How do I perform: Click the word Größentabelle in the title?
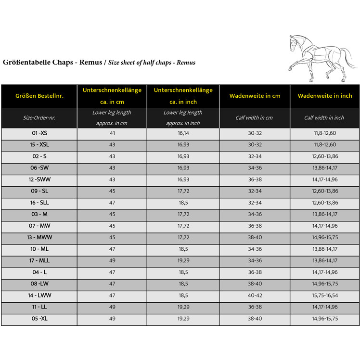tap(28, 63)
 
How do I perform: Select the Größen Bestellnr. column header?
tap(39, 96)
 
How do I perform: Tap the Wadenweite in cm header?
tap(255, 96)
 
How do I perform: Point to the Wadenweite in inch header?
tap(325, 96)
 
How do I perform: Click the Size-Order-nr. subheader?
tap(39, 117)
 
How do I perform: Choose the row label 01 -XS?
tap(39, 133)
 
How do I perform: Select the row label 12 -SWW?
tap(39, 180)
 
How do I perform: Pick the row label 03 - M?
tap(39, 214)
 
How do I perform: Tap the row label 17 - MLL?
tap(39, 261)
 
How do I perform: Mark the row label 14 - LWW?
tap(39, 296)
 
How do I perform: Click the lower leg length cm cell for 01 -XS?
tap(112, 133)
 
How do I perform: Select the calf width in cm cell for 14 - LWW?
tap(255, 296)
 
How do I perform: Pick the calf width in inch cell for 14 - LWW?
tap(325, 296)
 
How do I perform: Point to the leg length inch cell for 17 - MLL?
tap(183, 261)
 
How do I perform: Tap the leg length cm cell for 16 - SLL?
tap(112, 203)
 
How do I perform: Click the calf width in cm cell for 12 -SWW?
tap(255, 180)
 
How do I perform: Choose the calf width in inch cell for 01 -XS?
tap(325, 133)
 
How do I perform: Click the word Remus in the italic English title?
tap(186, 63)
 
